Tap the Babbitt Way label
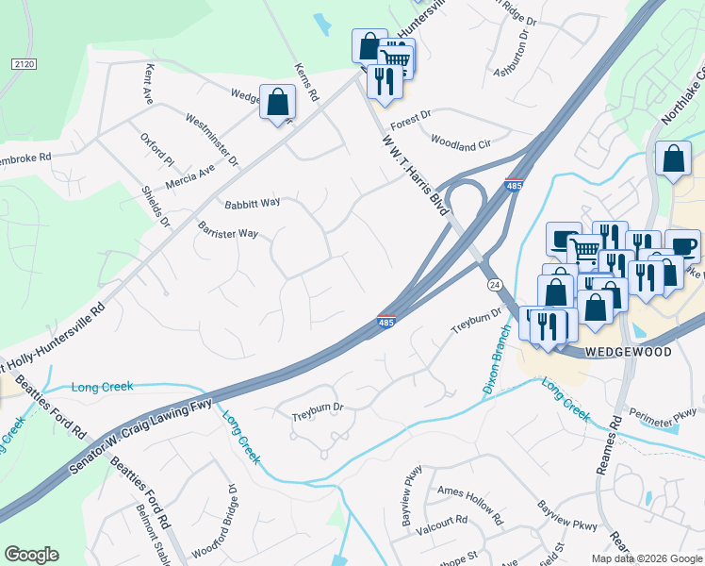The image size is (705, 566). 252,203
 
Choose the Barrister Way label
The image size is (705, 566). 228,233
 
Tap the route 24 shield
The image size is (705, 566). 494,284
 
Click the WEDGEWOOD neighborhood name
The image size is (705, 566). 628,352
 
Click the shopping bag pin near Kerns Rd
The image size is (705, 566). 277,102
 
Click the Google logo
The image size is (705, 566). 31,555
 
